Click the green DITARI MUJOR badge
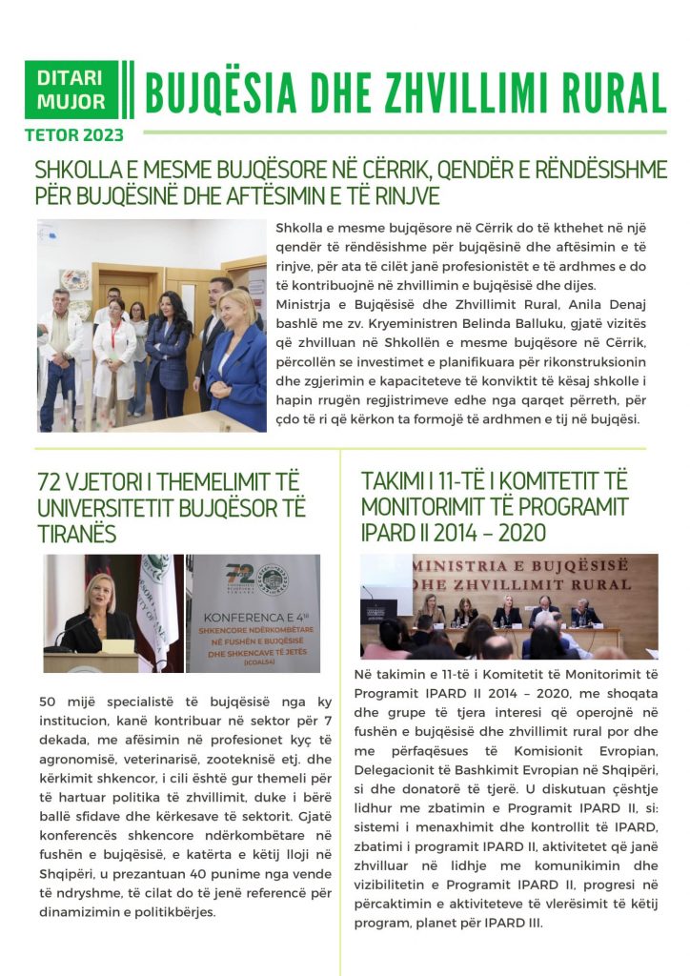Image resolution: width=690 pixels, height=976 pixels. (x=71, y=90)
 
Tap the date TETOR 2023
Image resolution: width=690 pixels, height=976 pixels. (x=74, y=134)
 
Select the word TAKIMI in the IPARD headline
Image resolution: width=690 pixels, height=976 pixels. (x=392, y=481)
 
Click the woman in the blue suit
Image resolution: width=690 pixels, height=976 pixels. (x=234, y=357)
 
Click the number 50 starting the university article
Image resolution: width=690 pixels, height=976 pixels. (x=48, y=702)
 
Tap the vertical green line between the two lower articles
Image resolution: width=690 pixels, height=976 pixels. (x=340, y=705)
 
